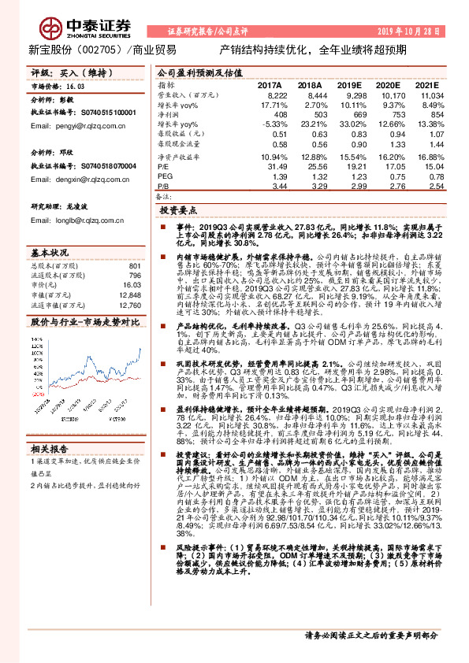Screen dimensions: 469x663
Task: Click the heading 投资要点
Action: pyautogui.click(x=177, y=212)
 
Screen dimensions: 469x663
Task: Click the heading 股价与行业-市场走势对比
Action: pyautogui.click(x=84, y=322)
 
